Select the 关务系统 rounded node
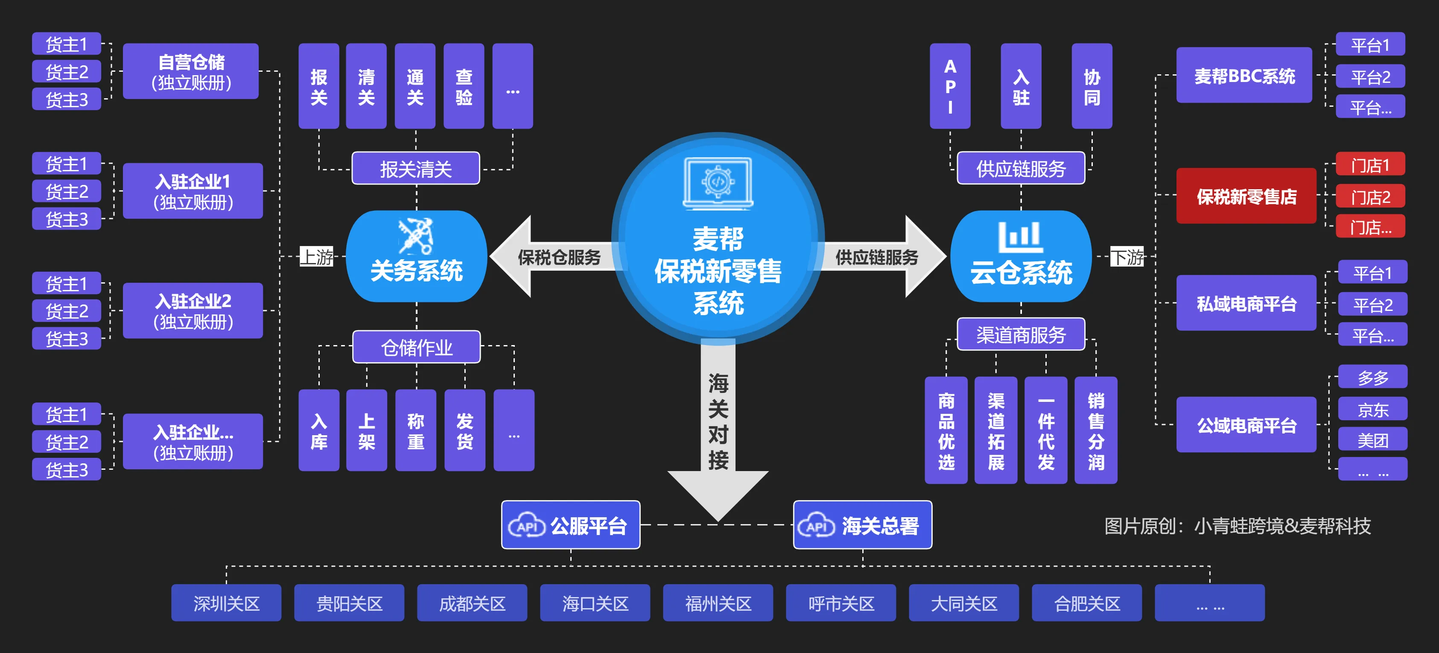point(416,257)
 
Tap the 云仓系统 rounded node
point(1021,257)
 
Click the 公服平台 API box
point(570,525)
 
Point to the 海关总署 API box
point(863,525)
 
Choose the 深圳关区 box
point(226,603)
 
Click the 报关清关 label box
point(416,168)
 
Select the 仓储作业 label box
point(416,347)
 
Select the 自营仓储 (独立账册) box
point(190,72)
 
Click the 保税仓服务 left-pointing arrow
point(553,257)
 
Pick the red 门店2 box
point(1370,196)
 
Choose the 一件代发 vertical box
point(1046,430)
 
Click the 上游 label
point(317,257)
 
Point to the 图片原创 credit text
point(1238,526)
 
